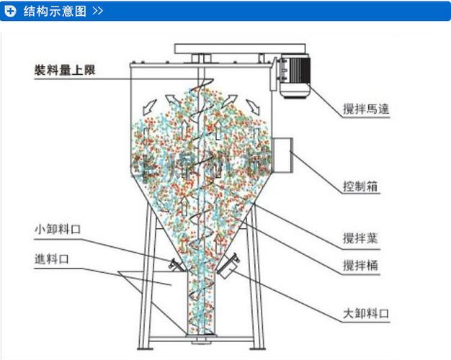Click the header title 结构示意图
54,11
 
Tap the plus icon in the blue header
11,11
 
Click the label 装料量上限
64,70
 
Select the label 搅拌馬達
366,109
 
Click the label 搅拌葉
361,238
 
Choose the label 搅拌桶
361,266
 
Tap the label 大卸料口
365,315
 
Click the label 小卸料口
57,229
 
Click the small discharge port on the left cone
174,265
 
